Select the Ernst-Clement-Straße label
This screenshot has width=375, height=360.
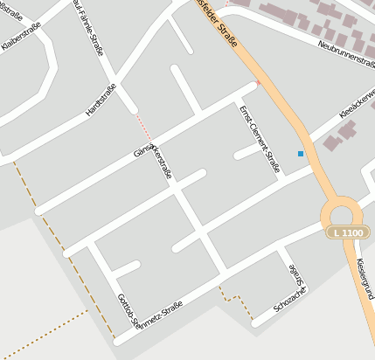[259, 138]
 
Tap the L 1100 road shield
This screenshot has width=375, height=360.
[346, 232]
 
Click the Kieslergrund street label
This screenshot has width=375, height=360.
[365, 278]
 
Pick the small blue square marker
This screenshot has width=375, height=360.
[301, 154]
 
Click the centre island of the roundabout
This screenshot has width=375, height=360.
[341, 213]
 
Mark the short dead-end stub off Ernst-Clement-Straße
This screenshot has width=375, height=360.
[247, 152]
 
